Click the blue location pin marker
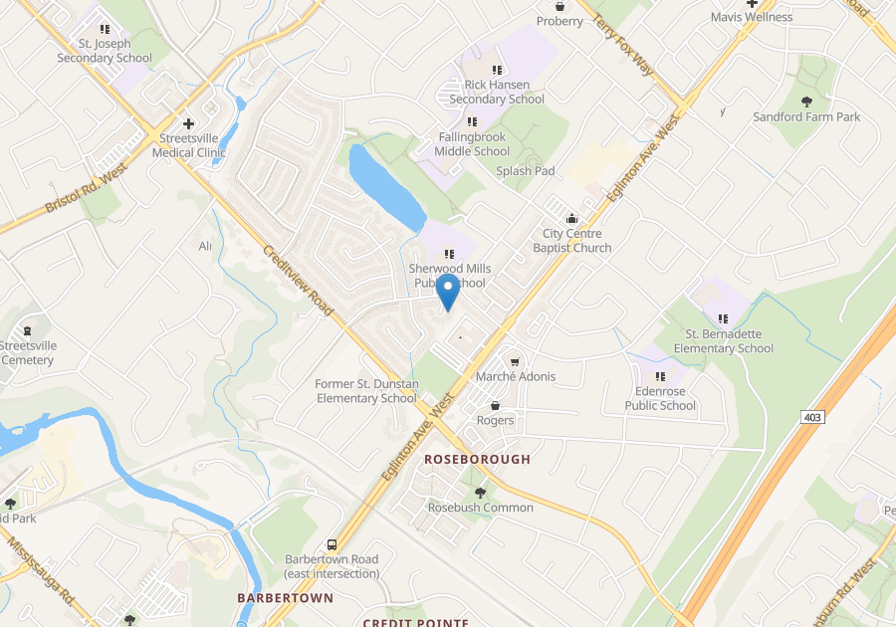(x=448, y=292)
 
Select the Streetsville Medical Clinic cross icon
(x=188, y=123)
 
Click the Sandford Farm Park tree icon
(x=806, y=102)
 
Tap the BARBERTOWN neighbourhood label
(x=285, y=597)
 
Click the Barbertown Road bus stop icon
(x=332, y=544)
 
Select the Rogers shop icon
(x=495, y=405)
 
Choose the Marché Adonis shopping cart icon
(x=515, y=361)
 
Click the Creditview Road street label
(x=299, y=283)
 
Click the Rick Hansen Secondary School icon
(x=497, y=70)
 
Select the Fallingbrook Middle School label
(x=472, y=144)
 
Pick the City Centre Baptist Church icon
(x=571, y=219)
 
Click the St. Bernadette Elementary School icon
(x=723, y=318)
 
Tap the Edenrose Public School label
(x=660, y=398)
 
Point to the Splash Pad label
(x=525, y=171)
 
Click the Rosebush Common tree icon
(x=480, y=493)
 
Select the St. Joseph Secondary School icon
(x=105, y=30)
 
